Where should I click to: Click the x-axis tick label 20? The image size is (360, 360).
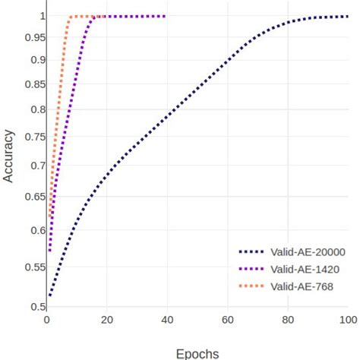pos(107,319)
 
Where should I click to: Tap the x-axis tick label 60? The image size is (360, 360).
pos(228,319)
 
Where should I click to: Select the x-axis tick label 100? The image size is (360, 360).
pos(348,319)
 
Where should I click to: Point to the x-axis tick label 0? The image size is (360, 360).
pos(47,319)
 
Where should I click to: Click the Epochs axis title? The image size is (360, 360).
pos(197,352)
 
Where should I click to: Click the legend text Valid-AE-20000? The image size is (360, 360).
pos(308,252)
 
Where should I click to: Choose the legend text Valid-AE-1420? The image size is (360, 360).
pos(305,269)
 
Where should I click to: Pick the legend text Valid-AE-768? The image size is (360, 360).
pos(302,286)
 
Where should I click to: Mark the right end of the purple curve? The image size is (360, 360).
pos(165,16)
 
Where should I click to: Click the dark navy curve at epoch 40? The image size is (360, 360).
pos(167,116)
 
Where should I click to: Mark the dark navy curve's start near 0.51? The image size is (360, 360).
pos(50,295)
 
